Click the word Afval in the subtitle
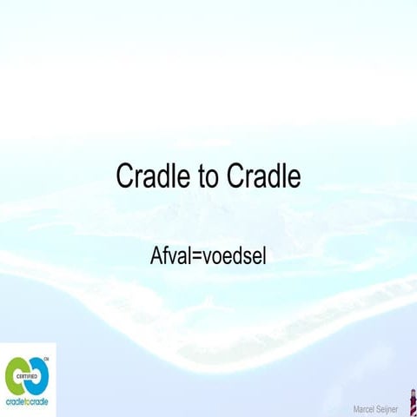(x=171, y=257)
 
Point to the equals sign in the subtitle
(x=198, y=258)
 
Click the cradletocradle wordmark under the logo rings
(x=28, y=402)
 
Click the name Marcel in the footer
(x=365, y=408)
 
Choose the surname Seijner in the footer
(x=388, y=408)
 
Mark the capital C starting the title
(x=125, y=177)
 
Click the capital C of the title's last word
(x=235, y=177)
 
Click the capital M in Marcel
(x=356, y=408)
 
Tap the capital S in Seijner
(x=379, y=408)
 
